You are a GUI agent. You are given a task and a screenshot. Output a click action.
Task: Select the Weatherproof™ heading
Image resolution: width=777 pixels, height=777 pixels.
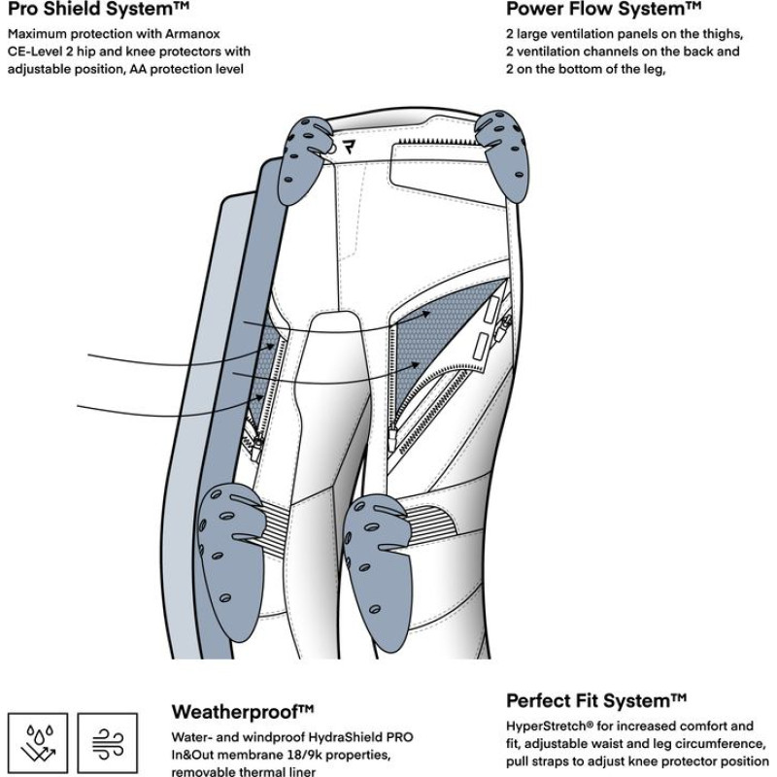[243, 710]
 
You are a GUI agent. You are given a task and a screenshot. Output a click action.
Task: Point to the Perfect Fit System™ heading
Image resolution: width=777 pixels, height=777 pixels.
[596, 700]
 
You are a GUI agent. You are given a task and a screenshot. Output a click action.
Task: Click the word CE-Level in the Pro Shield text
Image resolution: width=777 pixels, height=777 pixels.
[40, 51]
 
